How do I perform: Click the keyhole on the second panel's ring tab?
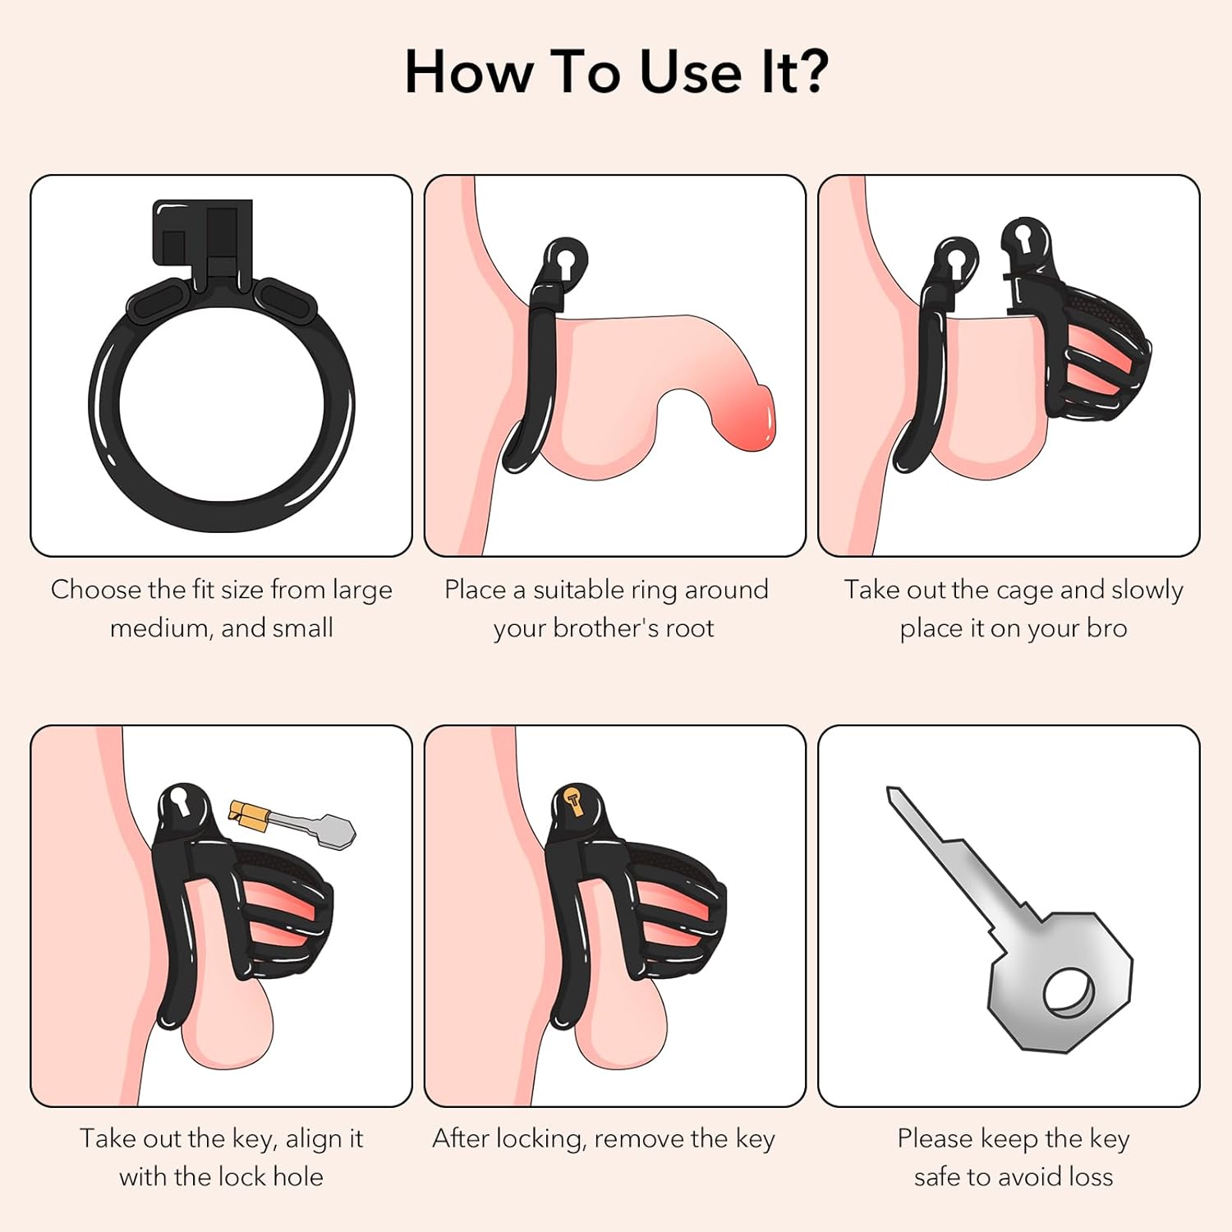click(564, 263)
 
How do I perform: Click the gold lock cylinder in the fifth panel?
click(576, 800)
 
